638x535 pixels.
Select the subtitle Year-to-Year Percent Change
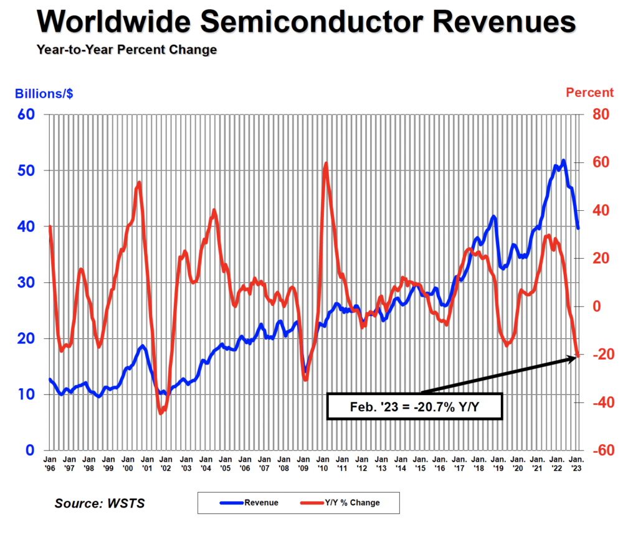(x=126, y=49)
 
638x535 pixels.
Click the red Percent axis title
(x=589, y=93)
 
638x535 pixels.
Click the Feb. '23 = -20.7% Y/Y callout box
(x=414, y=406)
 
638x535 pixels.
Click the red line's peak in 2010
(x=326, y=164)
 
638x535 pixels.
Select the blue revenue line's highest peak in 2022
(x=563, y=160)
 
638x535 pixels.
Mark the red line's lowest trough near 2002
(x=161, y=412)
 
